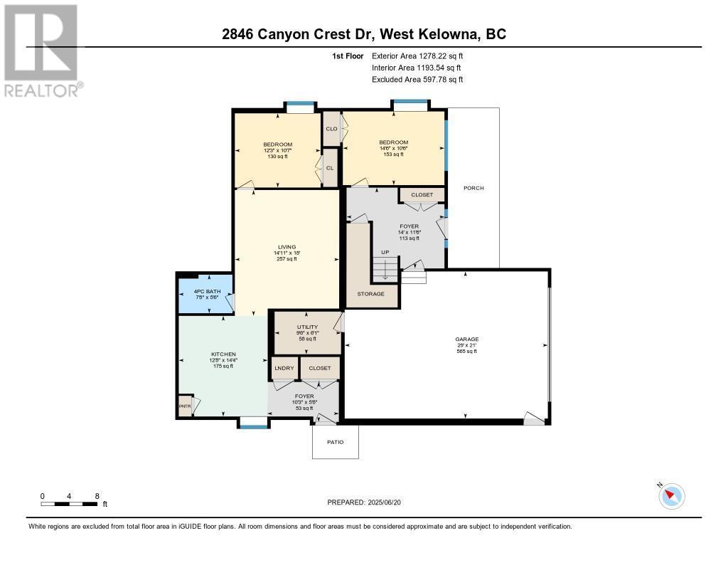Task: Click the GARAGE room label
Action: [x=466, y=339]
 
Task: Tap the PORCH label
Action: [x=473, y=188]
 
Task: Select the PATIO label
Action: [x=336, y=442]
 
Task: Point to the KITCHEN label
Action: [x=223, y=354]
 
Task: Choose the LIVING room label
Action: [x=287, y=247]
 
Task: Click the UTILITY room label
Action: [x=307, y=327]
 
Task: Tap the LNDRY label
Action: [x=284, y=368]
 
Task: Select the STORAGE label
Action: [x=370, y=294]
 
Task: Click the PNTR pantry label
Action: [x=186, y=406]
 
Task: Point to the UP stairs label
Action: [x=385, y=253]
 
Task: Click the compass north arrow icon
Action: [x=671, y=495]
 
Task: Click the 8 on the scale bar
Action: [x=97, y=495]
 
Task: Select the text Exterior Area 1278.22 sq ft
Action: [x=417, y=56]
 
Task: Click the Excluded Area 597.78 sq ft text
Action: [x=417, y=80]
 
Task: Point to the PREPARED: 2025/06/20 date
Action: [x=368, y=503]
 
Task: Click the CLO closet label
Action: [x=331, y=129]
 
